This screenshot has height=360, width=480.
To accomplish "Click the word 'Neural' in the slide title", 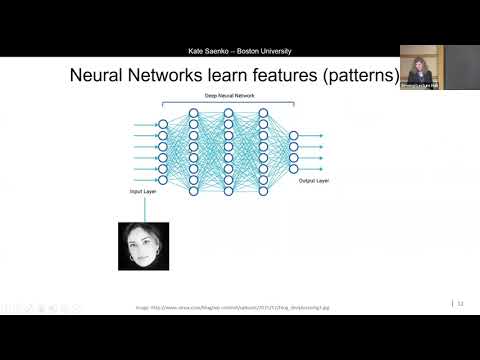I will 99,76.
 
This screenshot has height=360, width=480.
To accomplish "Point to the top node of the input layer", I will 164,125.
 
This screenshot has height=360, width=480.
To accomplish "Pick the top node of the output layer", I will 293,134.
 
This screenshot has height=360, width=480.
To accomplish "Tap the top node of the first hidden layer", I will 197,112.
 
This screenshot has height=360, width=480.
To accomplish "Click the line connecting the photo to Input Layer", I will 145,208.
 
